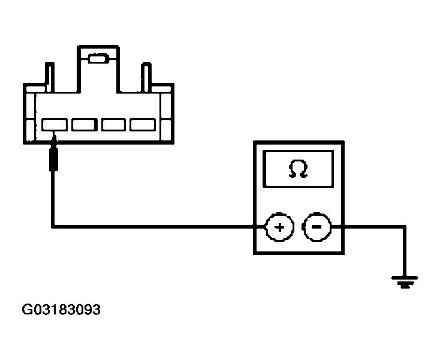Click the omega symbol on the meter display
pyautogui.click(x=298, y=169)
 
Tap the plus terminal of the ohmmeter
pyautogui.click(x=279, y=227)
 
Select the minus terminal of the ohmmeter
pyautogui.click(x=317, y=227)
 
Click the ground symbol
pyautogui.click(x=405, y=282)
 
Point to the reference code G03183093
pyautogui.click(x=61, y=310)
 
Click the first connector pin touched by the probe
pyautogui.click(x=55, y=125)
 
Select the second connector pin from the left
pyautogui.click(x=85, y=125)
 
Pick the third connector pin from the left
pyautogui.click(x=114, y=125)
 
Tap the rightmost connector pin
pyautogui.click(x=143, y=125)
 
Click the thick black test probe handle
pyautogui.click(x=53, y=159)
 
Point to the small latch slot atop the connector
pyautogui.click(x=98, y=59)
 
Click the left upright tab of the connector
pyautogui.click(x=50, y=77)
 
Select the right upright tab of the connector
pyautogui.click(x=146, y=77)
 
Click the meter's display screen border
pyautogui.click(x=298, y=152)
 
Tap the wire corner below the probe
pyautogui.click(x=53, y=226)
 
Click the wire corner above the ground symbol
pyautogui.click(x=405, y=226)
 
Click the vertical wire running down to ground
pyautogui.click(x=405, y=251)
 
